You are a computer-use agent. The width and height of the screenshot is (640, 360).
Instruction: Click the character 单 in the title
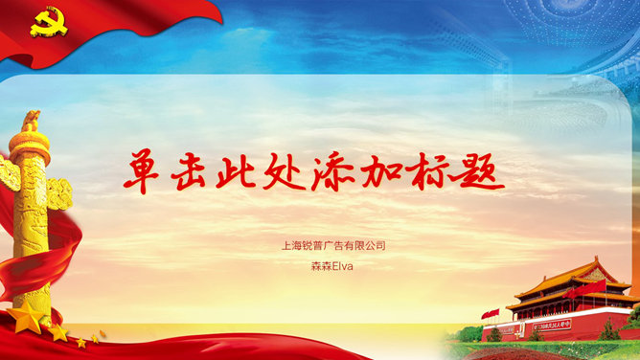(x=146, y=170)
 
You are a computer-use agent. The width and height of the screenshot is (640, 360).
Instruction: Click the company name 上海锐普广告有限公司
(x=333, y=246)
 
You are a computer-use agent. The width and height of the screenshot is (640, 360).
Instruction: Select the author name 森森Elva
(x=332, y=266)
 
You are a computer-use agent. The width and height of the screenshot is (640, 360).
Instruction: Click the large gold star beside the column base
(x=27, y=317)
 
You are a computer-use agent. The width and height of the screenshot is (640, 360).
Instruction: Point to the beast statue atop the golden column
(x=32, y=122)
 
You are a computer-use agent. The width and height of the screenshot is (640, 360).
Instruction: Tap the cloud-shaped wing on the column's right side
(x=59, y=192)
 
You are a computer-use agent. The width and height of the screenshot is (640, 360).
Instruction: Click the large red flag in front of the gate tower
(x=585, y=287)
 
